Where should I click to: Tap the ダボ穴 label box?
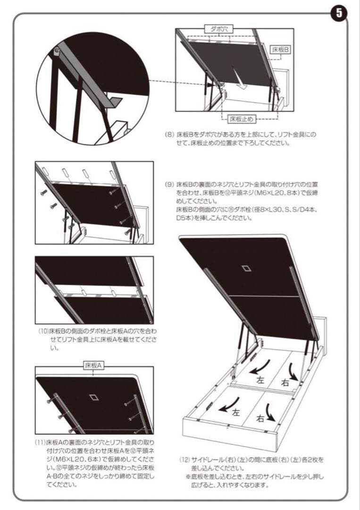(x=219, y=29)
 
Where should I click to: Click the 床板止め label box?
(x=242, y=118)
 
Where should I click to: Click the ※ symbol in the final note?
(x=188, y=477)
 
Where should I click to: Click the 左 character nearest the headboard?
(x=260, y=379)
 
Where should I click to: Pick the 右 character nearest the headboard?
(x=285, y=382)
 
